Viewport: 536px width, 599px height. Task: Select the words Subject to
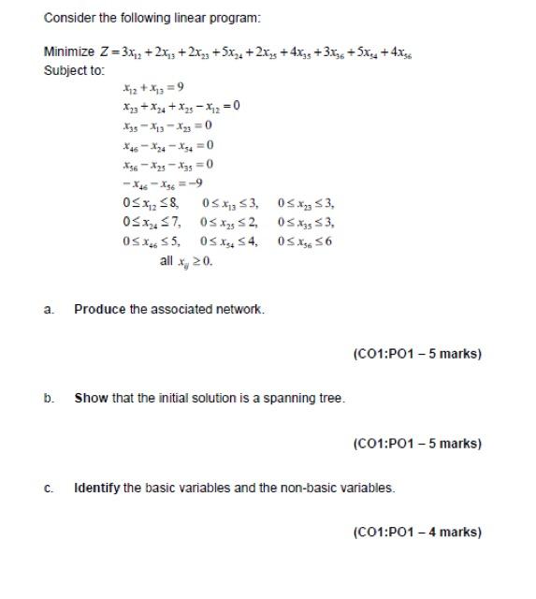coord(75,70)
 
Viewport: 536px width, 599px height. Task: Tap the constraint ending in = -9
coord(155,183)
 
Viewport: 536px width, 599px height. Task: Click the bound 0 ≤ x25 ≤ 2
coord(229,222)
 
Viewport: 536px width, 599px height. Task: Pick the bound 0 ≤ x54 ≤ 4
coord(229,241)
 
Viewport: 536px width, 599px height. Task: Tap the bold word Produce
coord(99,309)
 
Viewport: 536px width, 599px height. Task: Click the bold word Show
coord(92,399)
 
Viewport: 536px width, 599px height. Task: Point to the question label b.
coord(48,399)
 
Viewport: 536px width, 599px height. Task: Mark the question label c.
coord(48,488)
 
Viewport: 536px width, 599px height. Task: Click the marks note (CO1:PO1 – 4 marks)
coord(417,533)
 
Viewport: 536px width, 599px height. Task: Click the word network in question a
coord(240,309)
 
